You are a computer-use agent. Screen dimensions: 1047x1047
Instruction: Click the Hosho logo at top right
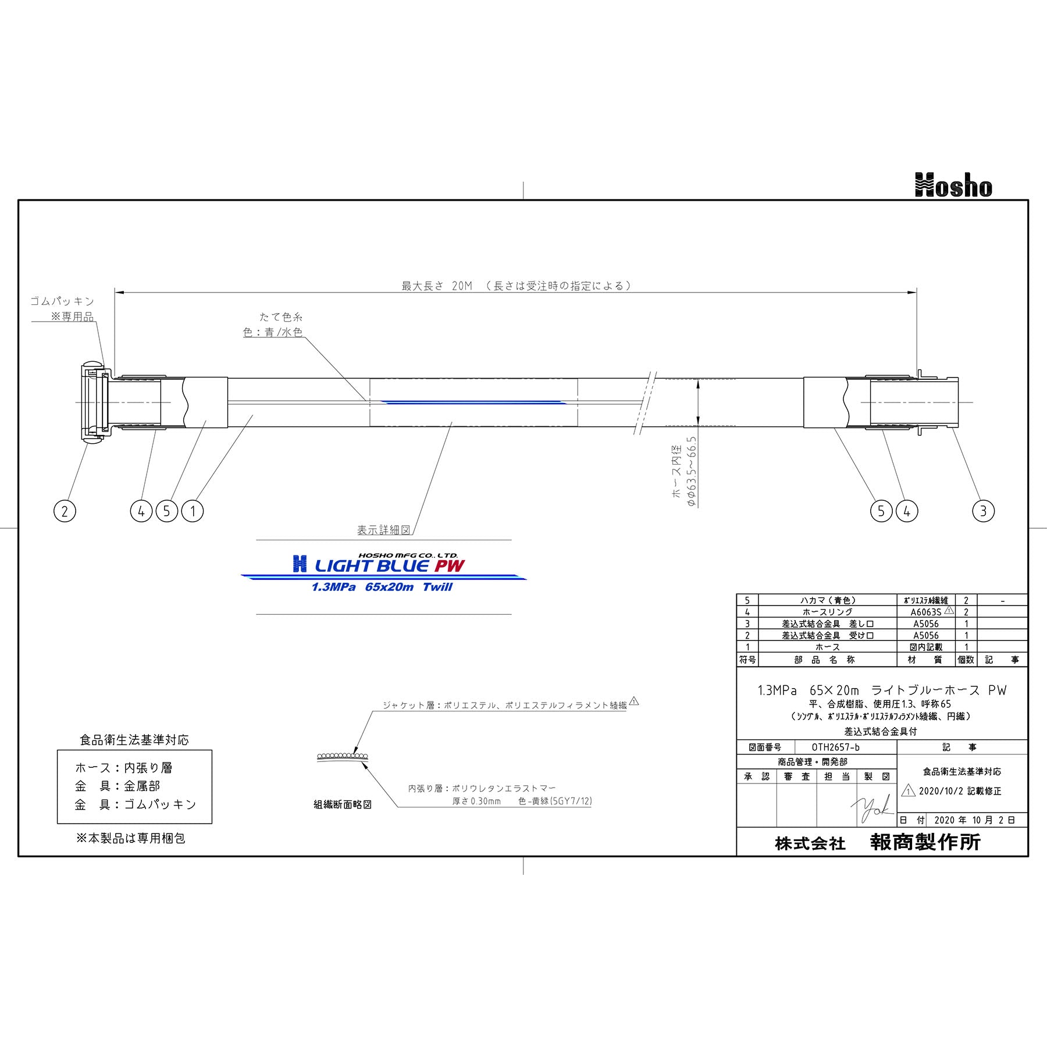(953, 185)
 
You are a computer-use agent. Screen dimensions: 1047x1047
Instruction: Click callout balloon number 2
(65, 511)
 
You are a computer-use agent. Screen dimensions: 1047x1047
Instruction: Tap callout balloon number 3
(983, 511)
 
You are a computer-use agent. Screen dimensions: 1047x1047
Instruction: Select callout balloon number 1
(193, 511)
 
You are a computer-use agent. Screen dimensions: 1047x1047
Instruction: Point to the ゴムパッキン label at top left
(62, 301)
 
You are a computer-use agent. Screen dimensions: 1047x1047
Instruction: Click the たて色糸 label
(281, 317)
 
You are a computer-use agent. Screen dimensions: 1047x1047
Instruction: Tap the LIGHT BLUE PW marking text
(389, 565)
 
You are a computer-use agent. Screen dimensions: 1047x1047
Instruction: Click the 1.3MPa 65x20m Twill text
(382, 587)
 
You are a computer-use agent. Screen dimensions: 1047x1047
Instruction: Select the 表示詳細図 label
(384, 530)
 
